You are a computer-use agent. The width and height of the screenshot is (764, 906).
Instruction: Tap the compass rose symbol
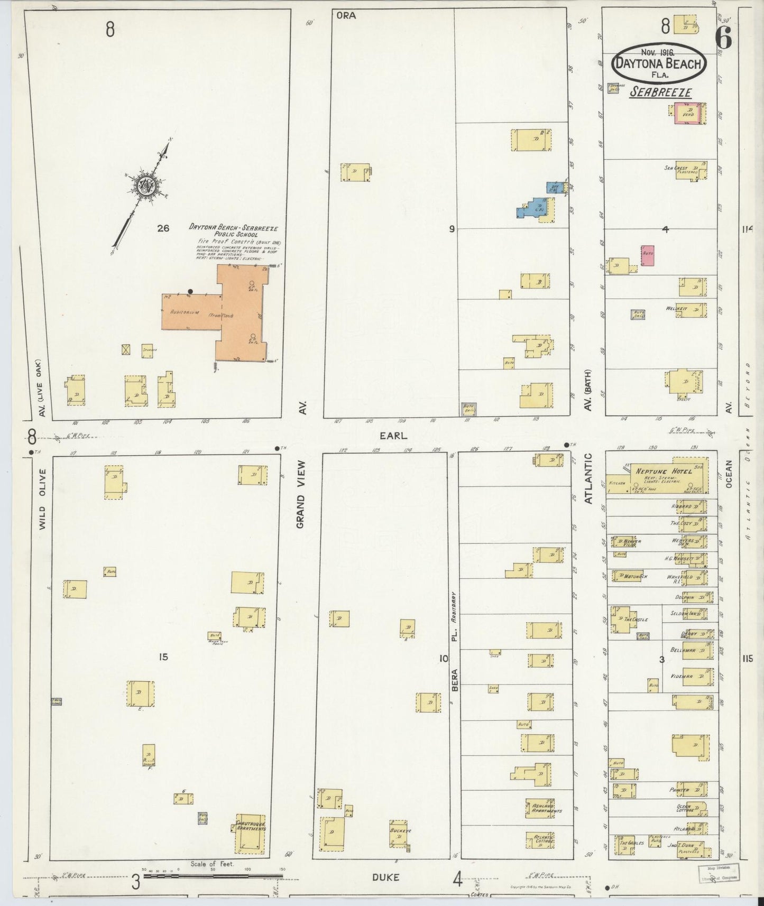(144, 186)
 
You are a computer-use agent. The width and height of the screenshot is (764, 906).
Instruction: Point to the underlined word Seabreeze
(661, 93)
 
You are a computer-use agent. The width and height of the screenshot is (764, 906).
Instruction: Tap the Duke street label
(385, 877)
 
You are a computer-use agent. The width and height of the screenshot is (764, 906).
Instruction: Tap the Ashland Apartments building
(540, 808)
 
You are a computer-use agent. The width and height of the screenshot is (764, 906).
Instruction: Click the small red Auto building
(648, 255)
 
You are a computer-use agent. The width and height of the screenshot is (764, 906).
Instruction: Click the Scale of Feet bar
(214, 876)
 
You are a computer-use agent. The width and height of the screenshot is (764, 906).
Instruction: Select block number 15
(163, 657)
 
